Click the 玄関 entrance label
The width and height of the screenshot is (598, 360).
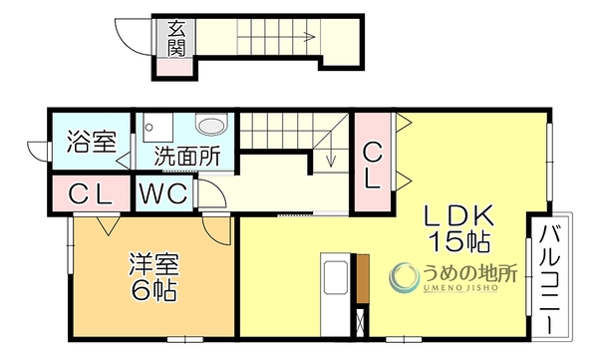tap(176, 38)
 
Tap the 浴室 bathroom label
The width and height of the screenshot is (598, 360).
tap(92, 142)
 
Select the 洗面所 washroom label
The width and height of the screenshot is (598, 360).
tap(187, 157)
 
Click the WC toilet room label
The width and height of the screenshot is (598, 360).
tap(163, 193)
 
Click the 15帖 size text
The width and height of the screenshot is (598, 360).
tap(459, 241)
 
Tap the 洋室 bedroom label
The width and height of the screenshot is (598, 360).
tap(153, 264)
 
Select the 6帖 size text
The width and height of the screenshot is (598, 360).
tap(153, 291)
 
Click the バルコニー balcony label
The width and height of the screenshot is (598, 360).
tap(550, 279)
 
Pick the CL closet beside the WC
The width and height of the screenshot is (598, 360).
tap(90, 193)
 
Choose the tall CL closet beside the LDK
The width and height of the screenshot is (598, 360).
tap(372, 165)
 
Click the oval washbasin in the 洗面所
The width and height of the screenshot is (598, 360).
tap(212, 126)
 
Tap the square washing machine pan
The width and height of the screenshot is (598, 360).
tap(157, 128)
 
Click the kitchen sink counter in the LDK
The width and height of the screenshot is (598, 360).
tap(335, 294)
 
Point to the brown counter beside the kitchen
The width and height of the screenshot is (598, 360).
tap(363, 278)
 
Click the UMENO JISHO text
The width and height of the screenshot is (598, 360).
tap(461, 288)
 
